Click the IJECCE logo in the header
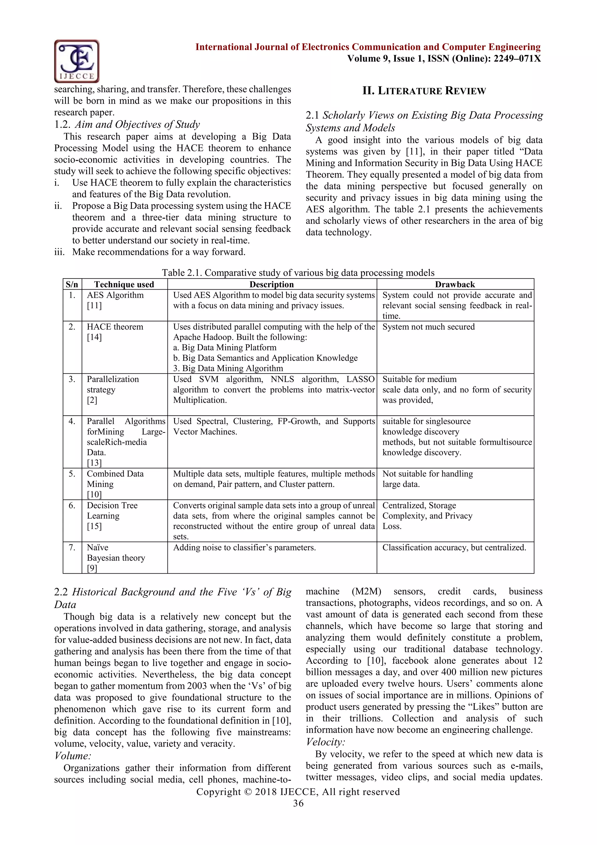tap(76, 61)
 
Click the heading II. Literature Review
tap(424, 91)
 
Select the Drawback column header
tap(455, 285)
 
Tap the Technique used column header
tap(124, 285)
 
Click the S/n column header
tap(72, 285)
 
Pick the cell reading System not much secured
tap(428, 327)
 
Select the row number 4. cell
tap(72, 421)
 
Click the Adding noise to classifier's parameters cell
tap(245, 548)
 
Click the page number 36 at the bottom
tap(298, 804)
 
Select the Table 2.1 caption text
tap(298, 273)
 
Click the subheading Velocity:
tap(325, 742)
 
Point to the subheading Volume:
tap(72, 756)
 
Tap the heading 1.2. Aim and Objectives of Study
tap(127, 124)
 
